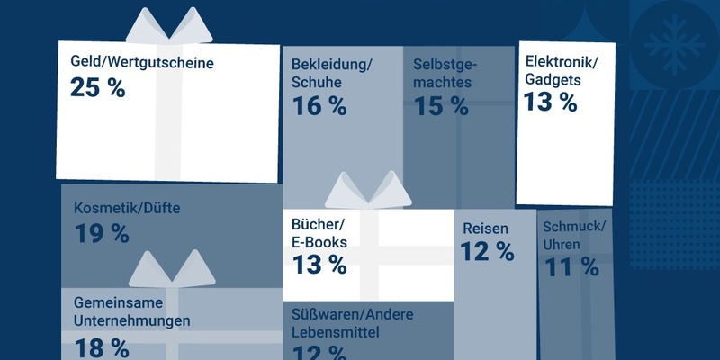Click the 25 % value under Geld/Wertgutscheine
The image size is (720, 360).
97,88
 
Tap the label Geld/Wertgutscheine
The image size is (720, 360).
143,64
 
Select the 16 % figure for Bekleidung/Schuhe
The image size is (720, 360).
319,105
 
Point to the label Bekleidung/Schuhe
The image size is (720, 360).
332,73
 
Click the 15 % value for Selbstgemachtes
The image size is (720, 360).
441,105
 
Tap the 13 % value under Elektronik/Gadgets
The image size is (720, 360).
550,102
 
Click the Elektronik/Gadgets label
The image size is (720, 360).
561,70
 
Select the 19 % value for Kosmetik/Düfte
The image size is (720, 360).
101,234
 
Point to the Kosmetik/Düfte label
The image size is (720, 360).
127,209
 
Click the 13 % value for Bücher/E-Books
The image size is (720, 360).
319,264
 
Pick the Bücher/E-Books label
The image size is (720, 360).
319,233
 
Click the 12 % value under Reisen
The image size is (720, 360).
488,252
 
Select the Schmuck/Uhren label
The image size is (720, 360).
573,234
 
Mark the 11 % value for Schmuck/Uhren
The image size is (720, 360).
571,266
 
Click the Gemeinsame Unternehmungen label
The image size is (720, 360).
131,311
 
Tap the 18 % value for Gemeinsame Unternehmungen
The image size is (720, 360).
101,346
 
